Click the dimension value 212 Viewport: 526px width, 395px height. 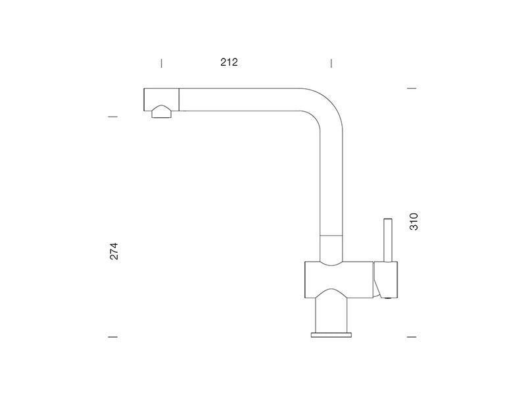(x=229, y=62)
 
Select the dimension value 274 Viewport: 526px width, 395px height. (x=114, y=251)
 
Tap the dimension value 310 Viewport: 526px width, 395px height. (x=414, y=221)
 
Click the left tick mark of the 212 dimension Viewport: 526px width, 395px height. (x=161, y=63)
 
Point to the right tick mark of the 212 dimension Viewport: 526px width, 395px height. (x=331, y=63)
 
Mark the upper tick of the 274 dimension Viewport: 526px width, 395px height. (x=113, y=117)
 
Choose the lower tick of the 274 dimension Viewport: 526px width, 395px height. (x=113, y=336)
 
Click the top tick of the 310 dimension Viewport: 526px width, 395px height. (x=412, y=88)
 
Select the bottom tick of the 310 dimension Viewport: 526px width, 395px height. (x=412, y=336)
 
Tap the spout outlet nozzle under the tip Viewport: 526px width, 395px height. (x=161, y=111)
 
